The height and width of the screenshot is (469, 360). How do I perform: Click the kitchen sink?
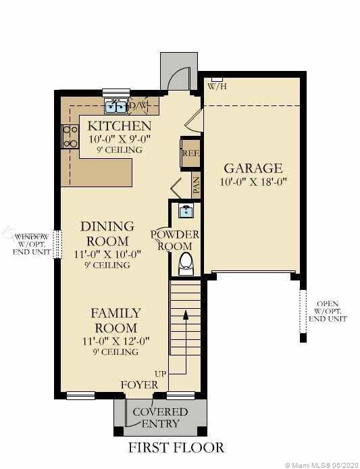point(116,107)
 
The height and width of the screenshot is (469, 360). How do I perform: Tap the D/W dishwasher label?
point(138,105)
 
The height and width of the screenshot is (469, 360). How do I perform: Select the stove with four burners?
point(70,137)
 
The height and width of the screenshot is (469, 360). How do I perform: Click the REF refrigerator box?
point(190,153)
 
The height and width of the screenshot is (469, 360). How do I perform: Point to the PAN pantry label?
point(196,185)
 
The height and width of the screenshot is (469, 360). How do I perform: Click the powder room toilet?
point(186,264)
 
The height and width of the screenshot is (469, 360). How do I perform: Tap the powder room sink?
point(186,211)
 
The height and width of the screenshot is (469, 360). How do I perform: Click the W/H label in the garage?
point(217,87)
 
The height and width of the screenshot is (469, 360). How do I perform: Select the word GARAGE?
point(253,168)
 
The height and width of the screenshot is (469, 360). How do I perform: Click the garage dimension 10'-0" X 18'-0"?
point(253,182)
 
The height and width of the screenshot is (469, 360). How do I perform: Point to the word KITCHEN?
point(120,126)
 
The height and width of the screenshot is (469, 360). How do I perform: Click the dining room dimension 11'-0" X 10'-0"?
point(107,254)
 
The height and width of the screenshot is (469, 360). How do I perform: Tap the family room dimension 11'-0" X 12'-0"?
point(115,341)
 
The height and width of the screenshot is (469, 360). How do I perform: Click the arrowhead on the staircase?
point(186,314)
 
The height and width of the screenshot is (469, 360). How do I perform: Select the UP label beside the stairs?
point(161,374)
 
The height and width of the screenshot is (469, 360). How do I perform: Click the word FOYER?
point(139,385)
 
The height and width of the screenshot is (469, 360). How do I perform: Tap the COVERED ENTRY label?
point(160,418)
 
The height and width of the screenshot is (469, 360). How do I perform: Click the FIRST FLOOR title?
point(176,448)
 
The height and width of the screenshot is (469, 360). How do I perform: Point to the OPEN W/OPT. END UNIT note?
point(328,312)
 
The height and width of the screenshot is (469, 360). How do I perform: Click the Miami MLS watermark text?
point(321,465)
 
